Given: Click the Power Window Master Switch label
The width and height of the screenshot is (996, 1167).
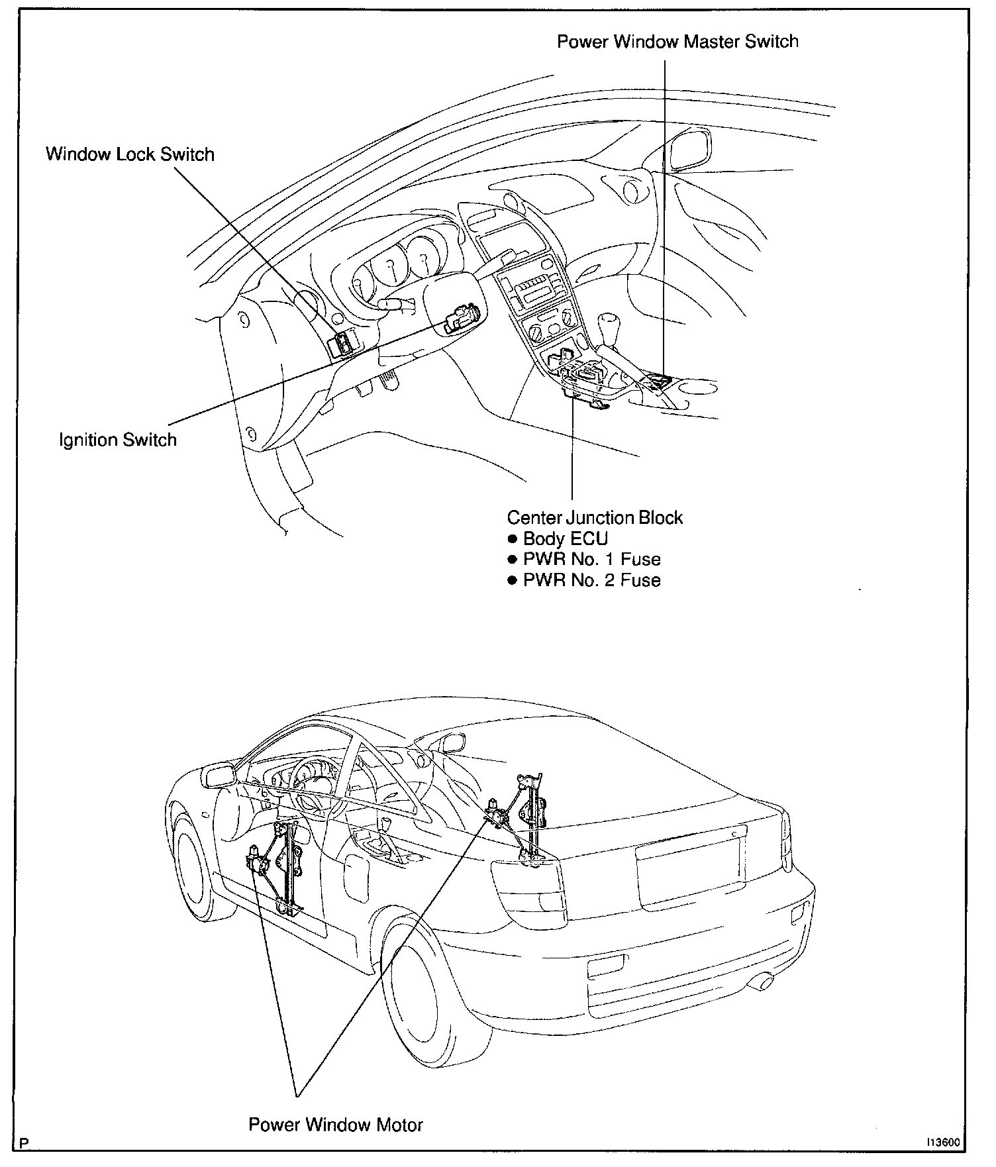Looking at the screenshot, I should pos(677,42).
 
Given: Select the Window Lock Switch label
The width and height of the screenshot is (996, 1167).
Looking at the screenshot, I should pos(130,155).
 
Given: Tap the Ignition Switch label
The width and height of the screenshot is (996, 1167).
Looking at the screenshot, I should pos(118,440).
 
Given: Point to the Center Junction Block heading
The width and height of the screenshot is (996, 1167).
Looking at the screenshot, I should pos(594,517).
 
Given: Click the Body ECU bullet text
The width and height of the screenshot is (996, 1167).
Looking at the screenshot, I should pos(565,538).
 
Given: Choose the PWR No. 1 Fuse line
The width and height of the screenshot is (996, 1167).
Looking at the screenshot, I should pos(591,560).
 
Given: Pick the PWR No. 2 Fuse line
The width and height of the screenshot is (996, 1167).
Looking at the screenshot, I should pos(591,581).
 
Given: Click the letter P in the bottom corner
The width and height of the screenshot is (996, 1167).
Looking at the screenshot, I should pos(25,1144).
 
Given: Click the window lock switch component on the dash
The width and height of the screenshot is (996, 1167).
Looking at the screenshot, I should pos(343,343).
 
